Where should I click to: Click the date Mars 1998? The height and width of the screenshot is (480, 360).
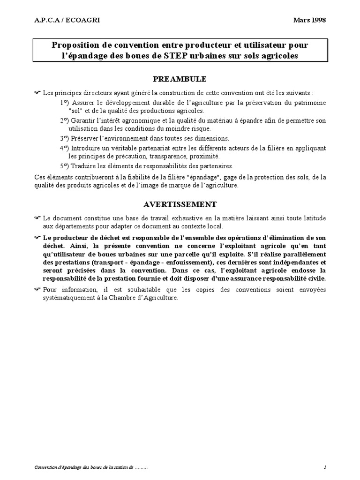pos(309,20)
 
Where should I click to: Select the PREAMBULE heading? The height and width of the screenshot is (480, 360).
pos(180,78)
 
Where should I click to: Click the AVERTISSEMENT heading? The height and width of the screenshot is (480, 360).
pos(180,204)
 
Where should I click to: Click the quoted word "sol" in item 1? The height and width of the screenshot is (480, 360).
pos(75,111)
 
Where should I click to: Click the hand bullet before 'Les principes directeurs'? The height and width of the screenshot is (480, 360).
pos(37,92)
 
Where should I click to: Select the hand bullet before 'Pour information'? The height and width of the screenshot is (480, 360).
pos(37,289)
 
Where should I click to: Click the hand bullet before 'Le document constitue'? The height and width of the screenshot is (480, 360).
pos(37,218)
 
